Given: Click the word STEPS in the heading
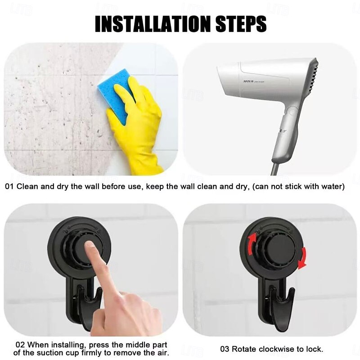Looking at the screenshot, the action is pyautogui.click(x=241, y=24).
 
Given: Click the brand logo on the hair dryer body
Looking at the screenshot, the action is pyautogui.click(x=248, y=81).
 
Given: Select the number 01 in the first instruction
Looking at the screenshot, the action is pyautogui.click(x=9, y=186).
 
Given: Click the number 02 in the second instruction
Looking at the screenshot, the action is pyautogui.click(x=20, y=345).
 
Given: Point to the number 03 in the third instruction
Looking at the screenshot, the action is pyautogui.click(x=225, y=349).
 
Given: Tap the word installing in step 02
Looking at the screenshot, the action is pyautogui.click(x=68, y=345).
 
